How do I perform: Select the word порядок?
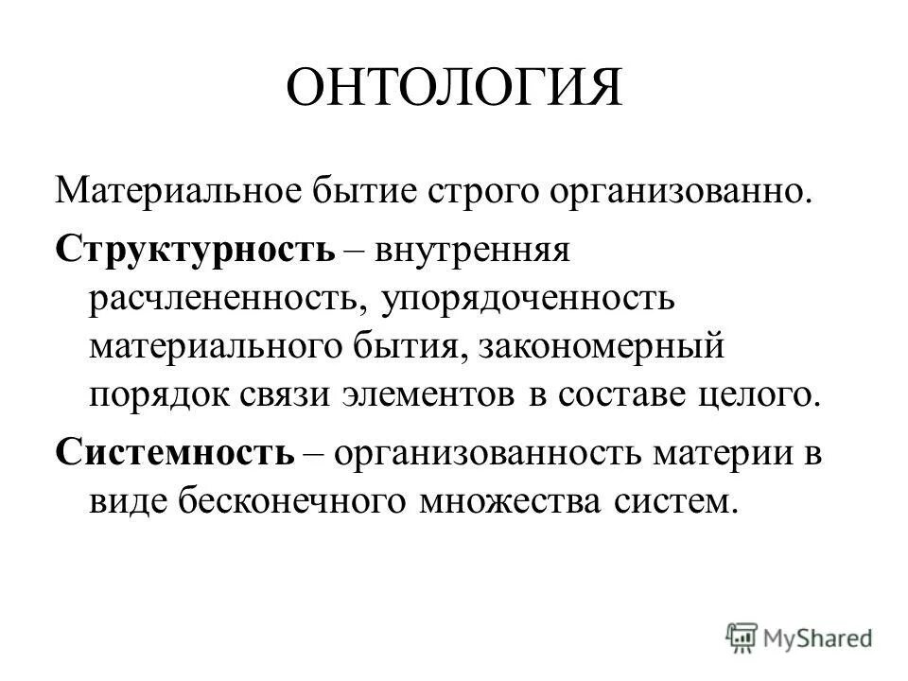point(156,394)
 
